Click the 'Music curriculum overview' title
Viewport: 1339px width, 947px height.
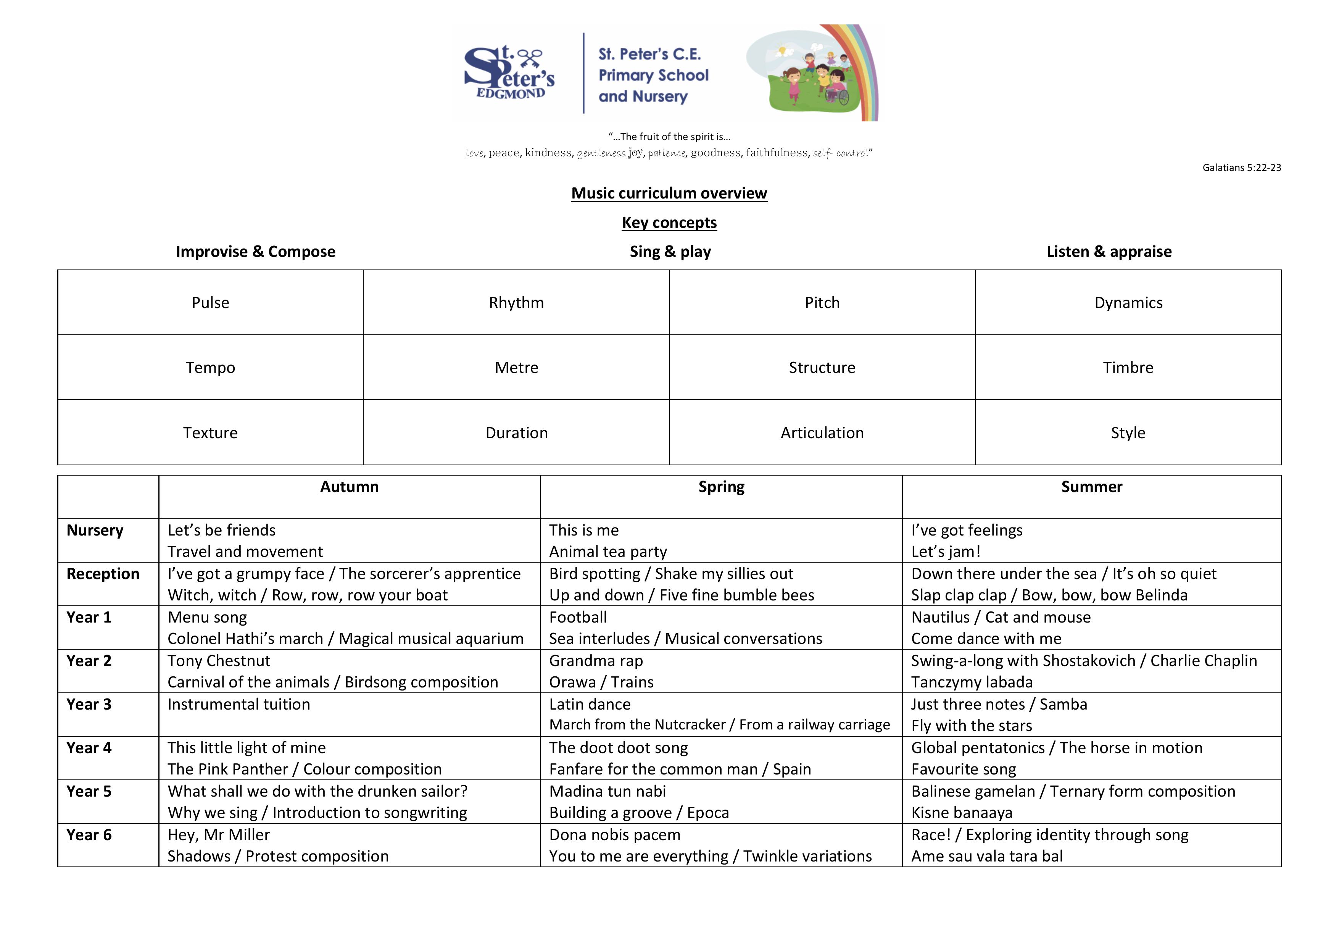pos(669,193)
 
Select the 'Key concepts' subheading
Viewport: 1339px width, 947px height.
pos(669,222)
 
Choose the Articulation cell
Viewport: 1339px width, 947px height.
pos(822,432)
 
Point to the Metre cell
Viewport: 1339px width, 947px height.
pos(516,368)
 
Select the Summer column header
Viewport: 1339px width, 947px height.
pos(1091,487)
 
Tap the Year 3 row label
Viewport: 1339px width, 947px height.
pos(89,704)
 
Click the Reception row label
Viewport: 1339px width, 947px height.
pos(103,574)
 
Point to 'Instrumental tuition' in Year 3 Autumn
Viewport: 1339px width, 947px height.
pos(238,704)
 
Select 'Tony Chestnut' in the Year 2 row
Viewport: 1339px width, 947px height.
pos(219,660)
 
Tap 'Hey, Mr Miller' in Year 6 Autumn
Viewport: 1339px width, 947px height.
pos(218,835)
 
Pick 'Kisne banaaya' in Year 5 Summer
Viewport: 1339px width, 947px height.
pos(962,813)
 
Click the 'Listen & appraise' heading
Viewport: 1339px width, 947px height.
pos(1109,252)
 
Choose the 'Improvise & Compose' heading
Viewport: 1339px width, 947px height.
pos(255,252)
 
